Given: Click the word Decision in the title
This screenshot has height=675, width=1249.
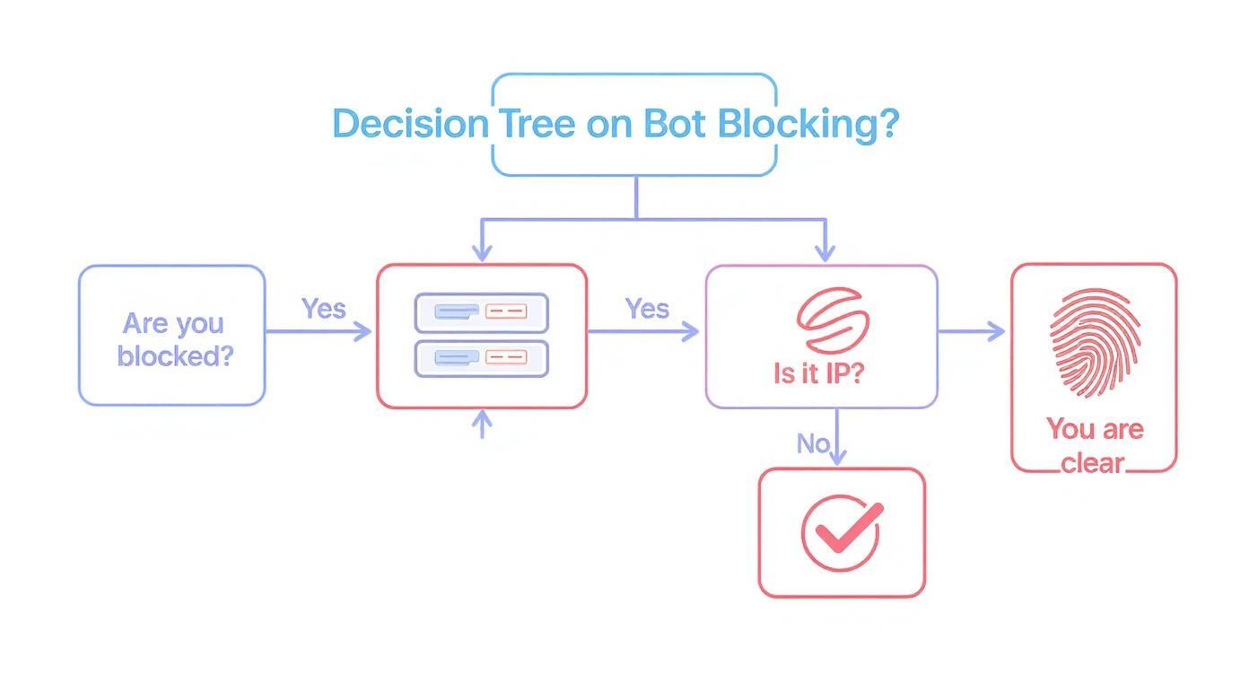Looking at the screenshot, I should (x=409, y=124).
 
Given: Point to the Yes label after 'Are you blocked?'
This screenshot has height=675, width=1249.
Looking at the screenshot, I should (x=323, y=309).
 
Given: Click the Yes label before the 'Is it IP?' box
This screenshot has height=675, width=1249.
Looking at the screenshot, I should (x=647, y=309).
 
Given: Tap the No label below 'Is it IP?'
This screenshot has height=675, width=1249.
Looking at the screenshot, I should (x=812, y=443).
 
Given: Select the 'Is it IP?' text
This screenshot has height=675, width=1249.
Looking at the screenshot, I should (x=817, y=373).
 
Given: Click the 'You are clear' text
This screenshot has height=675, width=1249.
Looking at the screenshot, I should (x=1094, y=445).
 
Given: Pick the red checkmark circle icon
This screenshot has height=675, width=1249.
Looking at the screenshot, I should (x=841, y=532).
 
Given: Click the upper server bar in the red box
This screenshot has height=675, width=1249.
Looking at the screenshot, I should (x=481, y=312).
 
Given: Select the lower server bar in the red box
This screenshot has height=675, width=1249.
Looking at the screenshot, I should (x=481, y=358).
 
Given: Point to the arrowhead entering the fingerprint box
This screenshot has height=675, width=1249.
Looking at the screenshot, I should (x=997, y=332).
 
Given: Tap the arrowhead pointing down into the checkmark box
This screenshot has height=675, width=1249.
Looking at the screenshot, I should (x=836, y=457).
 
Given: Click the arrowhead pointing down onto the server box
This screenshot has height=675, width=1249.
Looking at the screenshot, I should (x=483, y=254).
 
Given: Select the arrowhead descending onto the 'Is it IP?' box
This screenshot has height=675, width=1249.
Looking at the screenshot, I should (x=824, y=254).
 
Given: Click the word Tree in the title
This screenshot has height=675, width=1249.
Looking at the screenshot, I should (x=536, y=124).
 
